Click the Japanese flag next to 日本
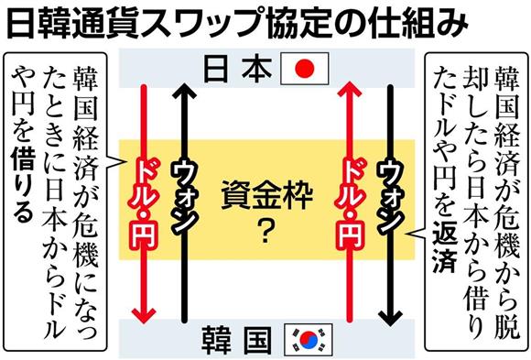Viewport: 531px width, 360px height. (x=306, y=68)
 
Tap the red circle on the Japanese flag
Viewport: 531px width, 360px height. (x=306, y=68)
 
